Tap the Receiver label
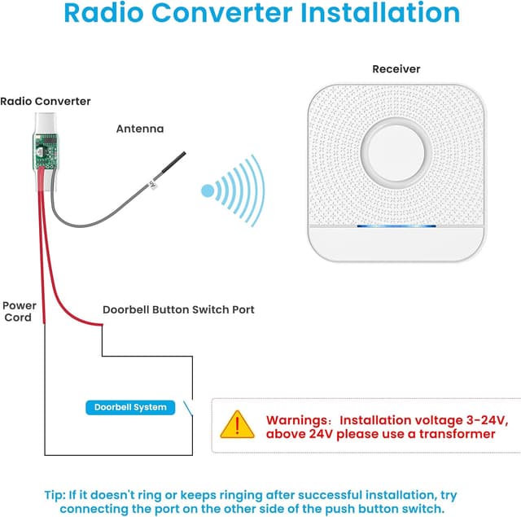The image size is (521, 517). click(396, 69)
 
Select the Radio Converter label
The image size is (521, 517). click(46, 102)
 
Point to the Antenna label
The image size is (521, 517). click(140, 129)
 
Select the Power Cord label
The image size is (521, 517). click(19, 311)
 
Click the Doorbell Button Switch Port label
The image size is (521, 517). click(178, 310)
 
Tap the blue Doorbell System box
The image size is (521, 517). click(130, 407)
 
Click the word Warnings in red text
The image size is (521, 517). click(296, 420)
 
